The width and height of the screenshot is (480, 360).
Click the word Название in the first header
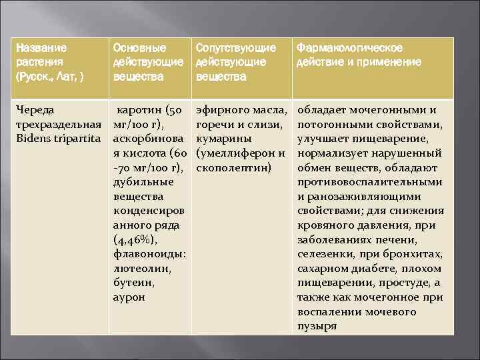click(x=41, y=48)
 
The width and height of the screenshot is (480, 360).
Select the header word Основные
click(x=140, y=48)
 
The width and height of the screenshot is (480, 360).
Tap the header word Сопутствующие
click(x=235, y=48)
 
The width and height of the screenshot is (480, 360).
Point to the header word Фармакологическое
click(x=350, y=48)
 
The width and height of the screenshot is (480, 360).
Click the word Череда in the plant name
click(x=35, y=109)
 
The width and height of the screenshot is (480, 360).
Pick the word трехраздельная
click(x=59, y=124)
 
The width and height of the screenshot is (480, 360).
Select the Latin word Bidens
click(x=33, y=139)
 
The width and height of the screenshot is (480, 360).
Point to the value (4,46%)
click(x=136, y=239)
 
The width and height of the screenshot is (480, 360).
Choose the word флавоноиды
click(x=149, y=254)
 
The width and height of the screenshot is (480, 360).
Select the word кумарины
click(x=224, y=139)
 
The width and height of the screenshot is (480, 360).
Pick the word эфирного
click(x=219, y=109)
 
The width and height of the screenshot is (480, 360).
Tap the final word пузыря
click(x=317, y=326)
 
